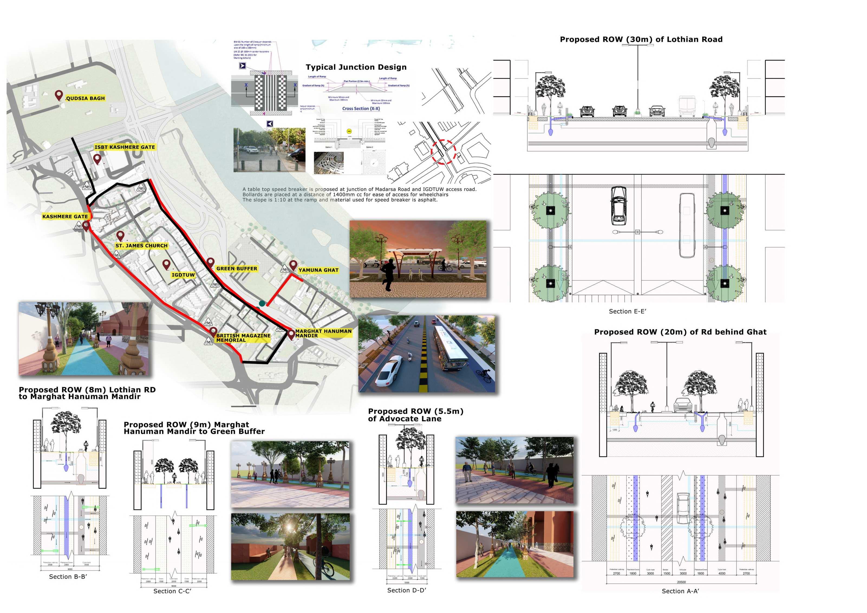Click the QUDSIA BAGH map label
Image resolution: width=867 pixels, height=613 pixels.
point(85,98)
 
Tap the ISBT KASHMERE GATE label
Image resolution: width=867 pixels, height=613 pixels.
point(125,147)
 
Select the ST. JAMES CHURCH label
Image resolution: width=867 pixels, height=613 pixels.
point(141,246)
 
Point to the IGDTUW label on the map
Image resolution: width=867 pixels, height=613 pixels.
point(183,275)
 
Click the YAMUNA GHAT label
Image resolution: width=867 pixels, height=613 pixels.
point(318,270)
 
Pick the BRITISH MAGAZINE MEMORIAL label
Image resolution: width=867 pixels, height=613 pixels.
point(243,338)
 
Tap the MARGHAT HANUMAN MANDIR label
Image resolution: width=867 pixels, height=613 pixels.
point(323,333)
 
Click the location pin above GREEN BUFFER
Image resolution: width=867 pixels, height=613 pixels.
point(211,262)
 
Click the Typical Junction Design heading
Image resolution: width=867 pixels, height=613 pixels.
point(356,67)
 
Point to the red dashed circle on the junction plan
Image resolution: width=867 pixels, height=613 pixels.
point(444,151)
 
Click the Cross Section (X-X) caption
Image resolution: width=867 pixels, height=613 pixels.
point(361,108)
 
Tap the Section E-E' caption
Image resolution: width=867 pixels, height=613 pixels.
point(627,311)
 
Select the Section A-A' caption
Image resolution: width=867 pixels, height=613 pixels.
point(680,591)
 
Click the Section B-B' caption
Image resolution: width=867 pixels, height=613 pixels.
point(68,576)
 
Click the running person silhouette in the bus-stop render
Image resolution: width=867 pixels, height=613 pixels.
point(388,276)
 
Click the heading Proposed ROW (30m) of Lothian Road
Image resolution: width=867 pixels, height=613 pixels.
point(641,39)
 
